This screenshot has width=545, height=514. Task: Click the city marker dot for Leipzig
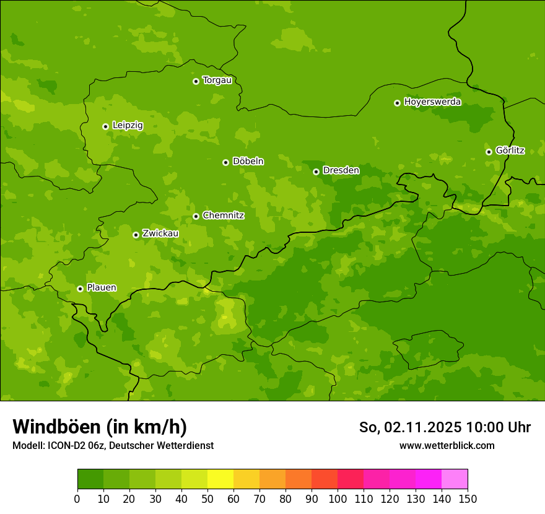click(105, 126)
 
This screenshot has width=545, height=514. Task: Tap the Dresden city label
click(341, 170)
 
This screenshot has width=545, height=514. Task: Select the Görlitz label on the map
click(510, 150)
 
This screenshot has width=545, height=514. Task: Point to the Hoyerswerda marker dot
click(397, 103)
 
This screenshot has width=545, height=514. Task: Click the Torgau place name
click(217, 81)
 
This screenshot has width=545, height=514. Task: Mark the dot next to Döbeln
click(225, 162)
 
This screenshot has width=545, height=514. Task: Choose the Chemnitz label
click(223, 216)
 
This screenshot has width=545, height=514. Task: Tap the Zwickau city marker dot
click(136, 235)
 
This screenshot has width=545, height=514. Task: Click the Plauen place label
click(102, 287)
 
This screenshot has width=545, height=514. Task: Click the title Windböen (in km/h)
click(100, 427)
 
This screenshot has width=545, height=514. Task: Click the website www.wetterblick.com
click(447, 445)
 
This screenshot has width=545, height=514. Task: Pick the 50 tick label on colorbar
click(207, 499)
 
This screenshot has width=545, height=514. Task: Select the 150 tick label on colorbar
click(468, 499)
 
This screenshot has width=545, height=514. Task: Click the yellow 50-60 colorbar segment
click(220, 479)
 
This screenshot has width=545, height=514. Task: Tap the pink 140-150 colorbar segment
click(455, 479)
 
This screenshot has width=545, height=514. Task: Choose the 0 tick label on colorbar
click(77, 499)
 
